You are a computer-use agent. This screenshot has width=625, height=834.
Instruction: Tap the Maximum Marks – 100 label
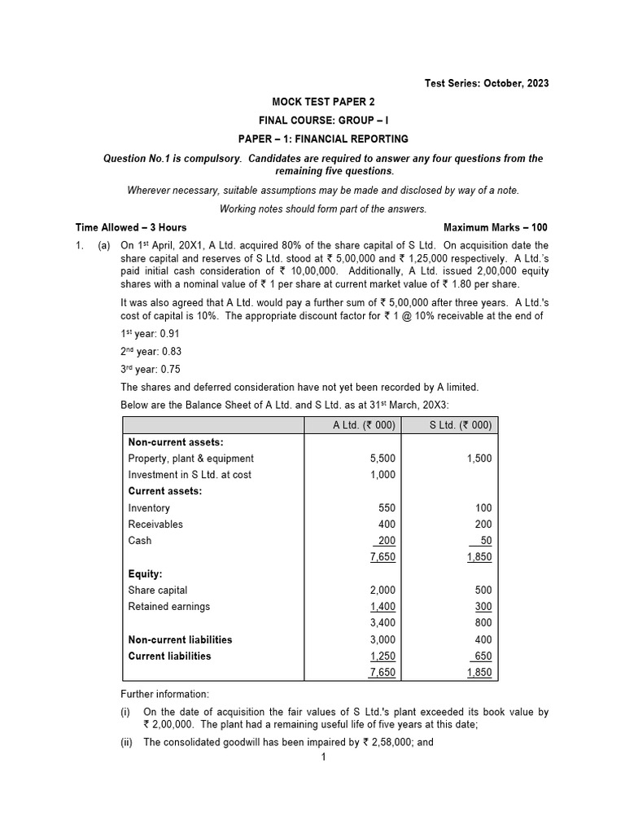(x=496, y=227)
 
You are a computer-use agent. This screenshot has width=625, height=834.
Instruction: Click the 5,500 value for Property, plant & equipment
(x=382, y=459)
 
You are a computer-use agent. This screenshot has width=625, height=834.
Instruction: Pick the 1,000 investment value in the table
(x=382, y=475)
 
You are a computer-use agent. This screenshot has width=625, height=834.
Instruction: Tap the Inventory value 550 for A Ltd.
(x=387, y=508)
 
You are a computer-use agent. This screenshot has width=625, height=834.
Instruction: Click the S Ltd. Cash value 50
(x=484, y=541)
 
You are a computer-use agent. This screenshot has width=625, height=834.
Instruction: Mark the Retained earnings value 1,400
(x=382, y=607)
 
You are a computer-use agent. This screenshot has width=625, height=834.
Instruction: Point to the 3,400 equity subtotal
(x=382, y=623)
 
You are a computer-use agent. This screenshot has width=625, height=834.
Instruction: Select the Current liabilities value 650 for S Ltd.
(x=482, y=656)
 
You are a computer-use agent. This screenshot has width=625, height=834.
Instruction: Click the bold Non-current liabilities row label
(x=180, y=639)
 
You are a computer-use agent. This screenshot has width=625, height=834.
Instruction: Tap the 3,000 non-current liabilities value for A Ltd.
(x=382, y=639)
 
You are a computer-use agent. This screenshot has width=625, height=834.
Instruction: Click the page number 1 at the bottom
(x=323, y=757)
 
